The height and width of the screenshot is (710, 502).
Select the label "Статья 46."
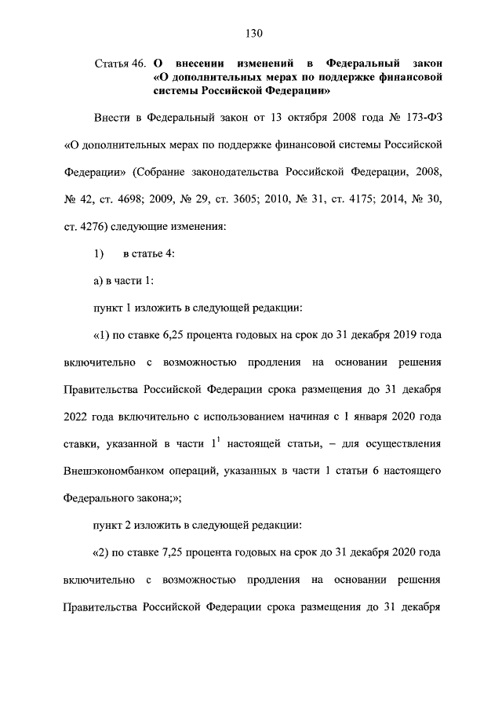(x=119, y=62)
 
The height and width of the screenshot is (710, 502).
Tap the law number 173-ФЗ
(x=420, y=118)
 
